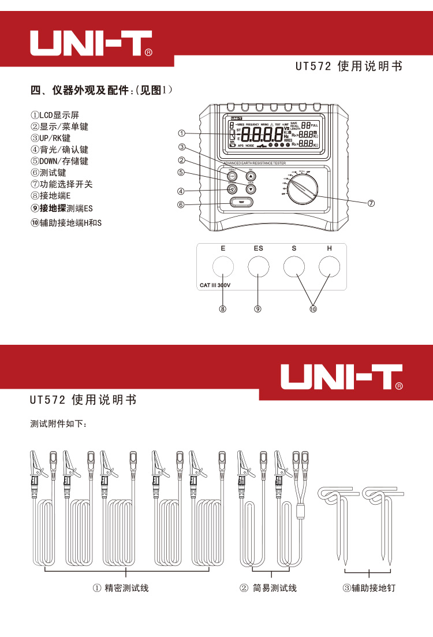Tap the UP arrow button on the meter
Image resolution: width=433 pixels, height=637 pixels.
pyautogui.click(x=251, y=177)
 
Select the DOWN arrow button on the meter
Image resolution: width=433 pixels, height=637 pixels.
pyautogui.click(x=251, y=189)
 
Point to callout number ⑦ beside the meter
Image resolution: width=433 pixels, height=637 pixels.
pyautogui.click(x=371, y=203)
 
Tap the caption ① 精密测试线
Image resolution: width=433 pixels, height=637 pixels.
pyautogui.click(x=121, y=588)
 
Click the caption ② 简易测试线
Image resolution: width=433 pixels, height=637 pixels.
pyautogui.click(x=268, y=588)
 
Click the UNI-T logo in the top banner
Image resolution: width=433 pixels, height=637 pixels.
pyautogui.click(x=91, y=44)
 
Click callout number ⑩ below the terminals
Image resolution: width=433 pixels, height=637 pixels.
pyautogui.click(x=312, y=309)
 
